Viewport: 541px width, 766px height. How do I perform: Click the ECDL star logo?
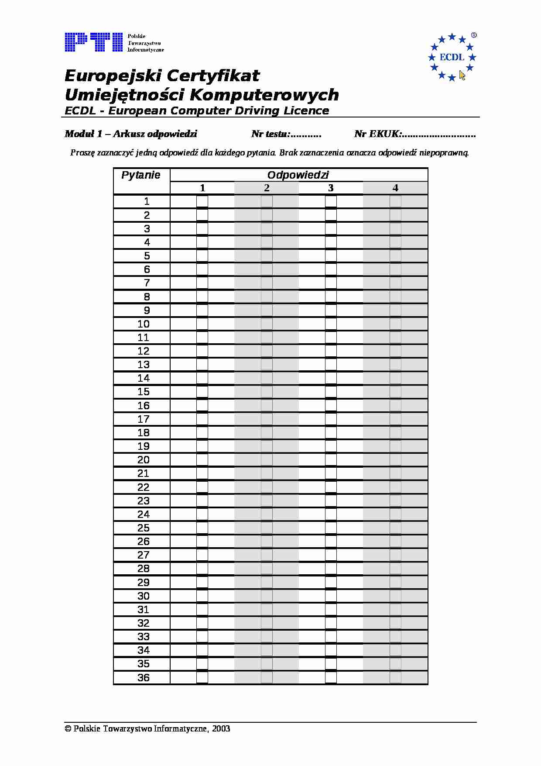pos(452,57)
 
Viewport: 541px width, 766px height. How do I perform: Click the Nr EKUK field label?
pos(377,134)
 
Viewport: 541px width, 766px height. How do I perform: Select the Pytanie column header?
pos(141,175)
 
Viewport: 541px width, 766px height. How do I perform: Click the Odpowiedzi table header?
pos(298,175)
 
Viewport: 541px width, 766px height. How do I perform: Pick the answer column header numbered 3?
pos(331,188)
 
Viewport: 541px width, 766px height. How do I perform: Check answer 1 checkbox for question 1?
pos(202,202)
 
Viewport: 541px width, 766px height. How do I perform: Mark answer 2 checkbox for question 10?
pos(267,324)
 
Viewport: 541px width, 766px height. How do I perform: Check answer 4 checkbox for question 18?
pos(395,433)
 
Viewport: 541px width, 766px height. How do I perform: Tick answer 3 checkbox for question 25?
pos(331,528)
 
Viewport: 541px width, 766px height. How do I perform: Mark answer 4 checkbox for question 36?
pos(395,678)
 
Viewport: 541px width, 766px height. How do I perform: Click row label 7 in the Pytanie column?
pos(147,283)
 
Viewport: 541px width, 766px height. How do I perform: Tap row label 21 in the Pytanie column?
pos(144,473)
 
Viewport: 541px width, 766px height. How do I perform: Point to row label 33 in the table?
pos(144,637)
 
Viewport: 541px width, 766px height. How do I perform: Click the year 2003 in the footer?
pos(221,729)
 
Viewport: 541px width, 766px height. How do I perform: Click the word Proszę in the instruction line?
pos(80,153)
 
